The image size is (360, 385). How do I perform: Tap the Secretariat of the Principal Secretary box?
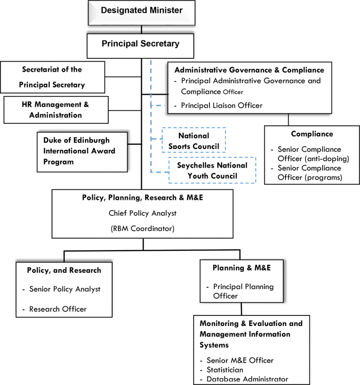point(52,77)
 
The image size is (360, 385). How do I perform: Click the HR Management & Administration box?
point(56,110)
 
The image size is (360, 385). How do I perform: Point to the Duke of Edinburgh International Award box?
point(82,152)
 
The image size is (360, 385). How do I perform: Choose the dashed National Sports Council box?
point(194,141)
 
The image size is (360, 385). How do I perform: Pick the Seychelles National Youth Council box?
point(212,170)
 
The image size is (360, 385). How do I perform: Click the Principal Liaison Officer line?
point(222,106)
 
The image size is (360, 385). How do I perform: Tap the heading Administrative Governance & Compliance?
point(249,70)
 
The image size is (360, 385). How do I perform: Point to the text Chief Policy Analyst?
point(142,213)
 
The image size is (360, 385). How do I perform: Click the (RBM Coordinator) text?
point(142,229)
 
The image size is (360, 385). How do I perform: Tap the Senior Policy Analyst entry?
point(65,289)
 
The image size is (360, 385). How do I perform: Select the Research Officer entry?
point(58,309)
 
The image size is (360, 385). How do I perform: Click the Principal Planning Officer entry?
point(243,291)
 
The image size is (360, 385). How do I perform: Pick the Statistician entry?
point(225,370)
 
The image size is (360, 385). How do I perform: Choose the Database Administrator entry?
point(247,379)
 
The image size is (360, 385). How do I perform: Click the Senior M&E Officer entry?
point(240,361)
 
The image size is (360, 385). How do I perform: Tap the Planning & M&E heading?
point(242,268)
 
